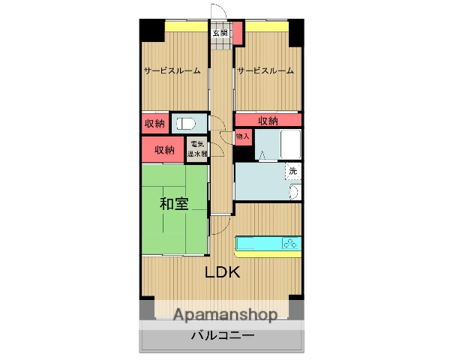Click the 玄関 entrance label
tap(220, 32)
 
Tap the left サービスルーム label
tap(172, 71)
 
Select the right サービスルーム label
tap(265, 71)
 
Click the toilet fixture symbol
tap(186, 122)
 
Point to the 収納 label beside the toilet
tap(154, 122)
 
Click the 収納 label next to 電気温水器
tap(164, 149)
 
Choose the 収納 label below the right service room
tap(268, 120)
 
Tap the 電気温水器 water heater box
tap(198, 148)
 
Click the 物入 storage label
tap(242, 136)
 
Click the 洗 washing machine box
tap(293, 171)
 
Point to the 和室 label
tap(173, 203)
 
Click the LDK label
tap(223, 272)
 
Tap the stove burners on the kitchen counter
tap(291, 242)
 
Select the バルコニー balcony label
tap(221, 335)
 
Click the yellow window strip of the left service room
tap(187, 28)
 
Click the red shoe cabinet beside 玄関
tap(238, 32)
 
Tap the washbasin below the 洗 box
tap(293, 193)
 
